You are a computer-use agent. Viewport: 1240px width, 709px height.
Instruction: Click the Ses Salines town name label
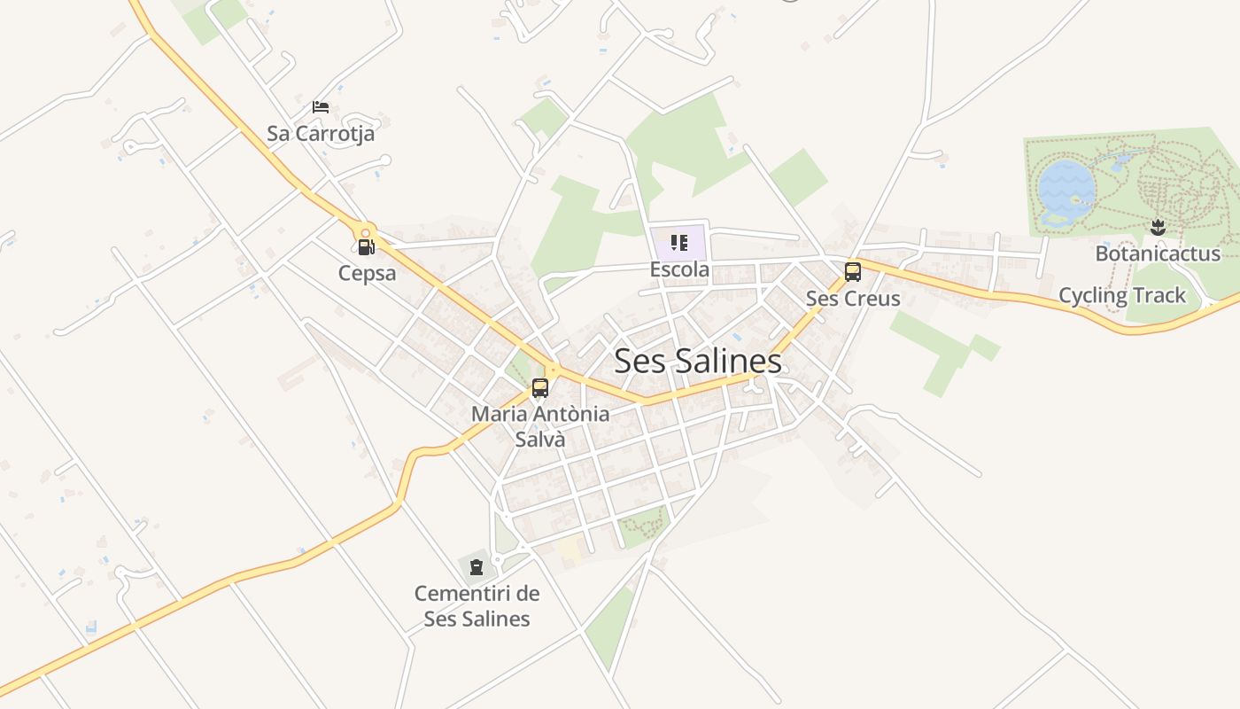698,361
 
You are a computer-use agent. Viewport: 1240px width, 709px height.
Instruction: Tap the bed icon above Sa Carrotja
321,107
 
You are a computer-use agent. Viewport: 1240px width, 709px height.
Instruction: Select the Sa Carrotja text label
321,134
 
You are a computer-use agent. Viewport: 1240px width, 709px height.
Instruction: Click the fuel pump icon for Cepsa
366,247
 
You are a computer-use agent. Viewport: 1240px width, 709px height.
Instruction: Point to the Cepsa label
367,273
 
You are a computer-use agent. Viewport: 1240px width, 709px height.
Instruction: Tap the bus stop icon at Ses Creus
853,272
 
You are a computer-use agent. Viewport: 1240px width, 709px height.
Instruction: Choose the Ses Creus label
853,299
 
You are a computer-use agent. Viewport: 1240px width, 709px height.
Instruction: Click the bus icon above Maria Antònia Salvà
540,387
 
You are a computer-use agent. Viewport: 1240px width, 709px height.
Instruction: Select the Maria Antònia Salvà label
540,426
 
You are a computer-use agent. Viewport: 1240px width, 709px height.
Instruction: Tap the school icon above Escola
679,243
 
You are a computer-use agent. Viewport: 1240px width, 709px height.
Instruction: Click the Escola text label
679,269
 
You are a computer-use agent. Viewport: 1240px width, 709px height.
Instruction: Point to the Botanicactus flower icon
1157,228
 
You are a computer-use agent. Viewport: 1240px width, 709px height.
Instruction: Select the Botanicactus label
1158,253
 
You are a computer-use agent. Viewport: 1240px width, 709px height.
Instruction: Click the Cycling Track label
1122,295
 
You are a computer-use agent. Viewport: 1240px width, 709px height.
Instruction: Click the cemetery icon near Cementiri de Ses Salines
477,566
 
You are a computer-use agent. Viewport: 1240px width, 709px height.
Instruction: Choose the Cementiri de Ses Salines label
477,605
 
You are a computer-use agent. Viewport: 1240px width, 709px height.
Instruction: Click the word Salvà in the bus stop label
539,440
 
